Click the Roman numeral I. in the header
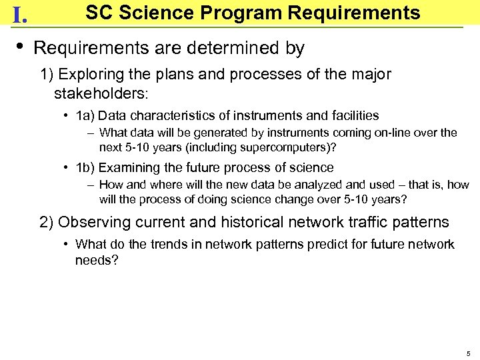pos(19,15)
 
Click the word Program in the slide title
pos(249,13)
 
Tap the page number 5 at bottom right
pos(468,353)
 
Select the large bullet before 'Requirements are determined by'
pos(20,46)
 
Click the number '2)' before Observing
pos(47,222)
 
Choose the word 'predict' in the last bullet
pos(327,245)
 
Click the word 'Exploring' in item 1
pos(99,74)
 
